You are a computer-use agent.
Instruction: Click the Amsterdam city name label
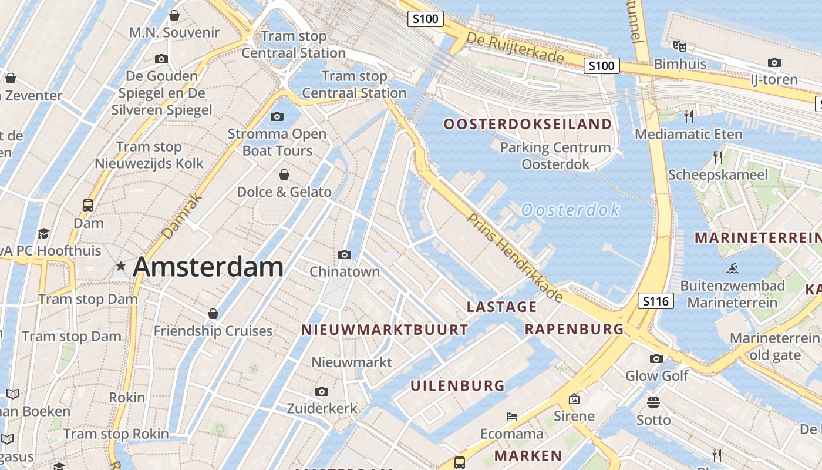click(x=208, y=267)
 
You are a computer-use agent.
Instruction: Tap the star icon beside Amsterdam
click(x=121, y=266)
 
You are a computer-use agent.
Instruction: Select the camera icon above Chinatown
click(x=345, y=254)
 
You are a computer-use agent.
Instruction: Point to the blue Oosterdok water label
click(x=570, y=210)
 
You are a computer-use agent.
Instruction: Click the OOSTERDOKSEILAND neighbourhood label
click(x=527, y=124)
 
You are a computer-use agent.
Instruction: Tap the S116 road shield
click(x=655, y=301)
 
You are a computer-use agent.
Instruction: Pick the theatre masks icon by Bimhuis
click(x=680, y=46)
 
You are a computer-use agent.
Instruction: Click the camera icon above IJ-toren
click(x=774, y=62)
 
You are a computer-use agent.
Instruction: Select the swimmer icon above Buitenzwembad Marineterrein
click(x=732, y=269)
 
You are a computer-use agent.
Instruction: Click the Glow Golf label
click(x=656, y=375)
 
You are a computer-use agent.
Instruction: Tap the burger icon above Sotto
click(x=653, y=402)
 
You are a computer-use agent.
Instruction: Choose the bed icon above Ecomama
click(x=512, y=417)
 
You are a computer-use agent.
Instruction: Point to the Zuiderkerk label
click(x=322, y=408)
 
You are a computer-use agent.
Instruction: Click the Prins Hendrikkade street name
click(x=515, y=257)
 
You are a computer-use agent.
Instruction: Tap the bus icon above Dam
click(x=88, y=206)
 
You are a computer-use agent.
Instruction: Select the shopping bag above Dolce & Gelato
click(x=284, y=174)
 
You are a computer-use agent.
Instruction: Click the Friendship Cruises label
click(x=213, y=331)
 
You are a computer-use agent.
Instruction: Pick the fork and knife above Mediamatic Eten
click(x=689, y=116)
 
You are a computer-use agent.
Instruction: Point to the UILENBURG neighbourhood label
click(x=457, y=386)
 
